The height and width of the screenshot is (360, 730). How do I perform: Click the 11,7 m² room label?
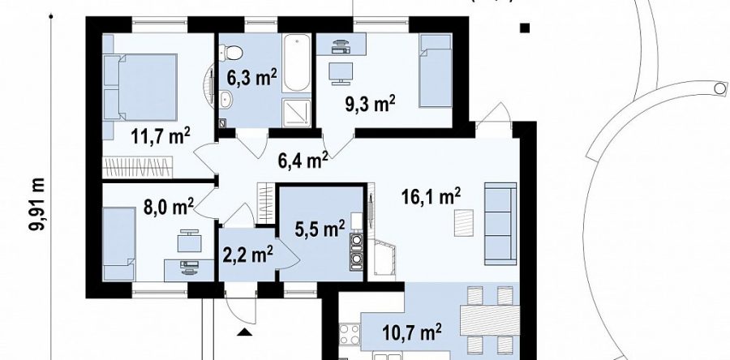tap(160, 137)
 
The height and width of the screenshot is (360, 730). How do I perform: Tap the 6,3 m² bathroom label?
tap(252, 78)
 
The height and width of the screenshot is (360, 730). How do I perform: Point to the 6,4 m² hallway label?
tap(303, 161)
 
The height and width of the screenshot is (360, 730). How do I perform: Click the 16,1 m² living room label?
tap(432, 197)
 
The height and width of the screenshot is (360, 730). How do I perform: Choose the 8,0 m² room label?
tap(169, 207)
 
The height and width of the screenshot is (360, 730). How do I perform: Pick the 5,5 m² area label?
tap(320, 229)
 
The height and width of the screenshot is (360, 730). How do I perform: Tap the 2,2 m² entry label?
tap(248, 255)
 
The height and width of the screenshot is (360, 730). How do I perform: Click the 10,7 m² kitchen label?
tap(412, 333)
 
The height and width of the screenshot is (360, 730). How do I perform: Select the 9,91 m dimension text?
tap(36, 204)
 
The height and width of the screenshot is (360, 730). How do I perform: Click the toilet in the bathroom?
tap(231, 52)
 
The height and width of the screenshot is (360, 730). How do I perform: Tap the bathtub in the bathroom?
tap(296, 62)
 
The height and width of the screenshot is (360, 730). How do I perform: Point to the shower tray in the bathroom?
tap(296, 113)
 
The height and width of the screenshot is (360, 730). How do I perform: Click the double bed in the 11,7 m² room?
tap(140, 88)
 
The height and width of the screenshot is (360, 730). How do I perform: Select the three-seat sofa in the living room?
tap(500, 224)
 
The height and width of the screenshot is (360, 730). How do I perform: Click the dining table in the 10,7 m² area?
tap(489, 320)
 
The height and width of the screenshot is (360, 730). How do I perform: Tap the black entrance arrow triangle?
tap(245, 332)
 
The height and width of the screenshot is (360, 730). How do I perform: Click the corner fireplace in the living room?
tap(382, 257)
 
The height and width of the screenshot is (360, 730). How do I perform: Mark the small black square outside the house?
tap(525, 28)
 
